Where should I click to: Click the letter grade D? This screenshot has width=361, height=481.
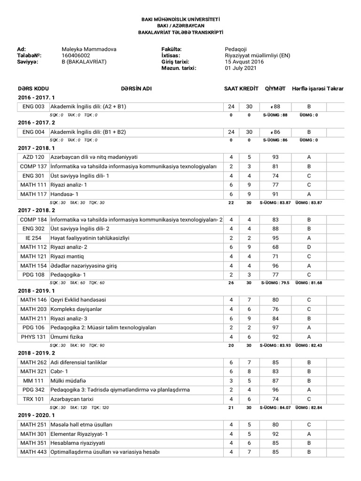309,247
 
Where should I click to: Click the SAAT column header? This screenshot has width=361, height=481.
231,89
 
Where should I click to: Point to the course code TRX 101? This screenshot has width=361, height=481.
33,399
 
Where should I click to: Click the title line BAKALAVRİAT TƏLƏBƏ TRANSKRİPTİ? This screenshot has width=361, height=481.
180,31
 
